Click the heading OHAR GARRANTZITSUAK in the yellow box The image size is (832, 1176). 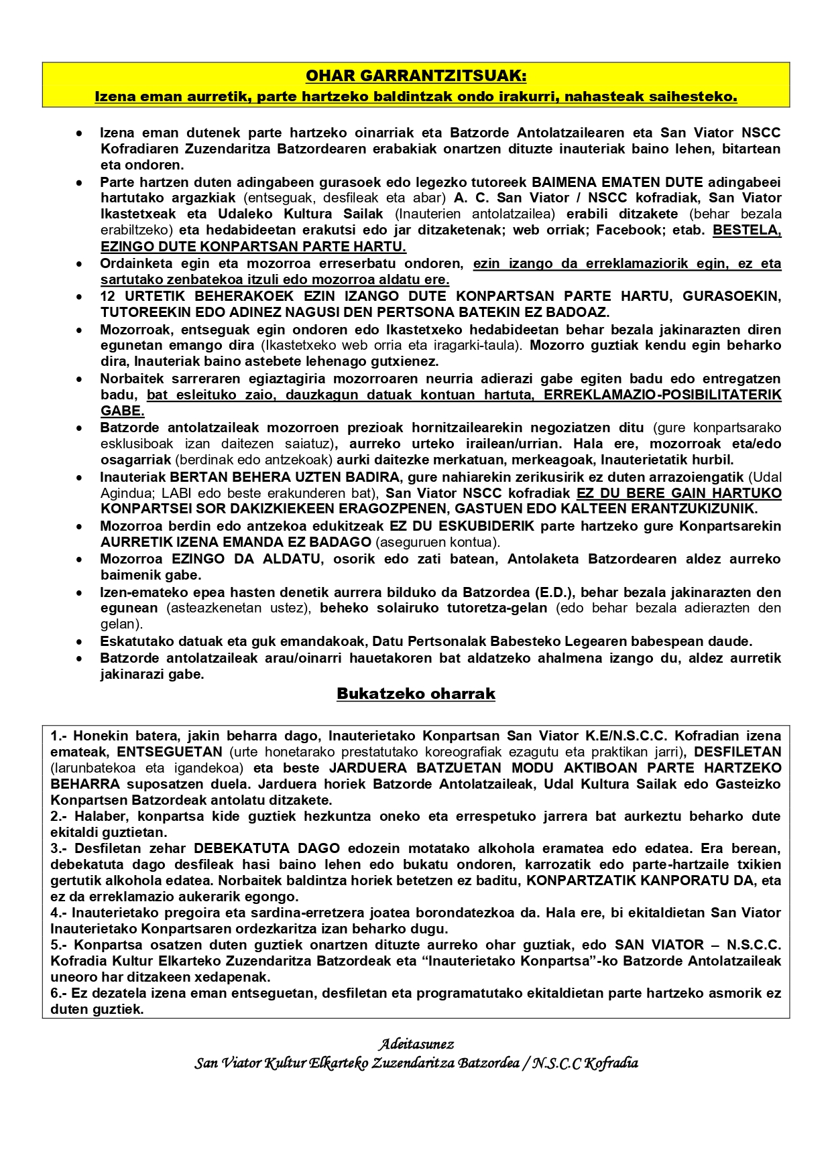pos(416,76)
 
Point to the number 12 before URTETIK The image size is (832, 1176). pos(107,296)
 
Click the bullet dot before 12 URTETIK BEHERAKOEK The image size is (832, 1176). pos(80,296)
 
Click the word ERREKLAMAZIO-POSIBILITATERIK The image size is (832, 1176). pos(662,395)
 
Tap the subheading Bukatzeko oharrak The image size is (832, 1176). pos(416,694)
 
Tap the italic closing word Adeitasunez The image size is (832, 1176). pos(416,1044)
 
